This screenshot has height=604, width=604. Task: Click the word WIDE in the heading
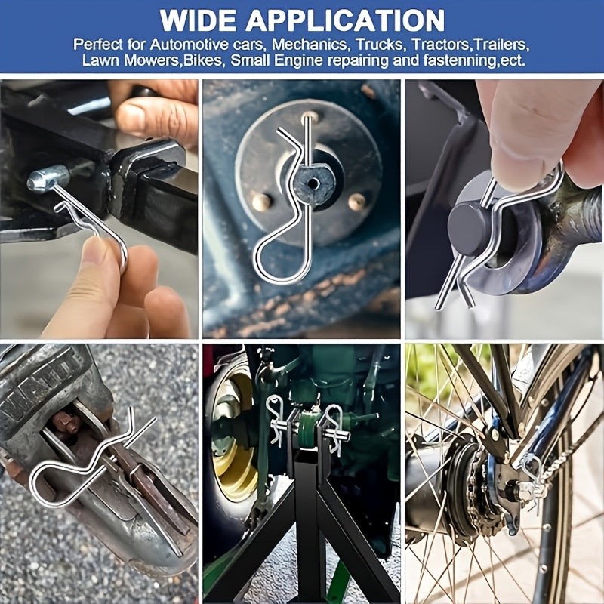tap(197, 20)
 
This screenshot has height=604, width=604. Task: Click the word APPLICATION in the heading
tap(345, 20)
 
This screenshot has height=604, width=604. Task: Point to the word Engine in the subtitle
tap(299, 60)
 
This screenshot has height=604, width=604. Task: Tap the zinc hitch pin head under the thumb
tap(48, 178)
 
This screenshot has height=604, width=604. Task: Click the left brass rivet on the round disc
tap(261, 202)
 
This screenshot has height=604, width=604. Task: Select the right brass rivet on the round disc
tap(356, 202)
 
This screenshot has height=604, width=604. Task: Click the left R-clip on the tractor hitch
tap(276, 420)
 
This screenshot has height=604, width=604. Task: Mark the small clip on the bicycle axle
tap(534, 478)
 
